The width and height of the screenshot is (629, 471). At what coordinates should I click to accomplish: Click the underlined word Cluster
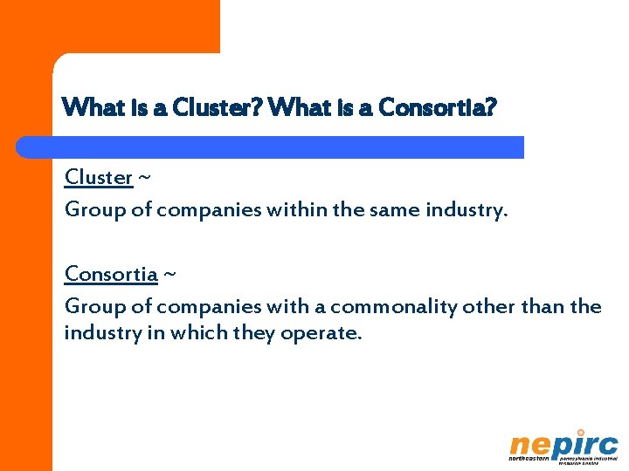98,178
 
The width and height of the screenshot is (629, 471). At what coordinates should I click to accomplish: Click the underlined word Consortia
111,275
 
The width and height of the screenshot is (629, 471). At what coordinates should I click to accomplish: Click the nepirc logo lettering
563,446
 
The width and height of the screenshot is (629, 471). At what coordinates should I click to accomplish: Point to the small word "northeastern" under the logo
529,459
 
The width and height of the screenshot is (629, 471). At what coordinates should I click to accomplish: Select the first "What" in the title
86,109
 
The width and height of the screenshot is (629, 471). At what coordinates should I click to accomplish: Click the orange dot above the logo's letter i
580,433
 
